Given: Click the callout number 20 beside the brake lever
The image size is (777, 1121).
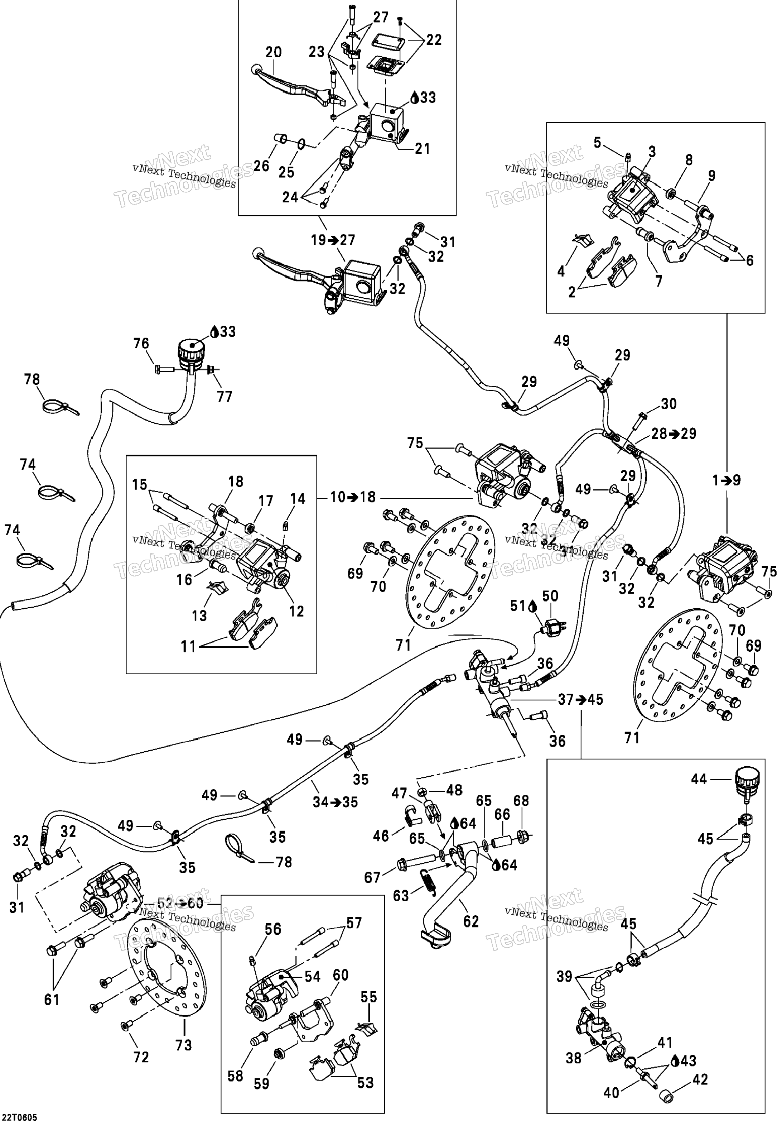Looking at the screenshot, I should [274, 52].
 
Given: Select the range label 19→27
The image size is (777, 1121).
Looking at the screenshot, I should [333, 240].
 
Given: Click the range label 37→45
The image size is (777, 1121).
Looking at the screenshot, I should [581, 700].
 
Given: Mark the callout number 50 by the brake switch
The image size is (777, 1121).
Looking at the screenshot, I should [550, 596].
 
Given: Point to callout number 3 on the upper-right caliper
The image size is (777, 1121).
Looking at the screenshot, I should [652, 152].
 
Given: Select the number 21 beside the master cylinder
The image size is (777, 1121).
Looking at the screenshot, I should [422, 149].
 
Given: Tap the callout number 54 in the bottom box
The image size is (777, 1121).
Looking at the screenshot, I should [313, 976].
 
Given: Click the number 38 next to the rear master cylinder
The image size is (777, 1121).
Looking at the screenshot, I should [574, 1058].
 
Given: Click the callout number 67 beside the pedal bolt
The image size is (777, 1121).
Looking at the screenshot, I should [372, 877].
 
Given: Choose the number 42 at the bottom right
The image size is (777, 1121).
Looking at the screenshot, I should [700, 1079].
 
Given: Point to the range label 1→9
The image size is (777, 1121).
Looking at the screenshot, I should [727, 481].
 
